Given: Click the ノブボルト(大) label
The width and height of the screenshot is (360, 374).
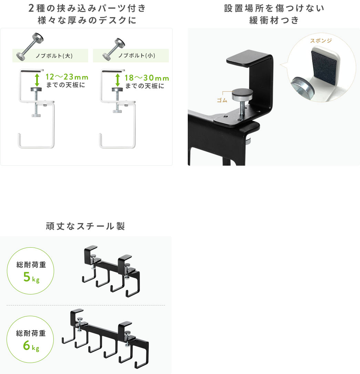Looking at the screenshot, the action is coord(54,56).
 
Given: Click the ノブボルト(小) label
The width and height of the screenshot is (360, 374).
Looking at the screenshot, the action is coord(137,55).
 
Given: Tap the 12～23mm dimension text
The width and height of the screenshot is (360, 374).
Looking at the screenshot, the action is coord(67,77).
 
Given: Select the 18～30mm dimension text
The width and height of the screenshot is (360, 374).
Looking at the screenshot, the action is coord(147,78).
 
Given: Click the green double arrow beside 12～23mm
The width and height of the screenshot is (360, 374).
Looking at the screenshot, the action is coord(37,80).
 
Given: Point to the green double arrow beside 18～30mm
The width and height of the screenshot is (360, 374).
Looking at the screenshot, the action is coord(117,80).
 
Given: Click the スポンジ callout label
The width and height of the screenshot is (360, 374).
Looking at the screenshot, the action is coord(321,41).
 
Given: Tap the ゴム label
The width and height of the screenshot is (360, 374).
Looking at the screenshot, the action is coord(222,100).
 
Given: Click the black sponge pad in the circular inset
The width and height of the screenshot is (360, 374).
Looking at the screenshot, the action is coord(324,65).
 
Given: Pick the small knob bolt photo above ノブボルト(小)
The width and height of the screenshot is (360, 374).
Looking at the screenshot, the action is coord(114,49).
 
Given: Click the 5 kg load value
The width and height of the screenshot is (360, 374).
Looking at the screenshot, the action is coord(31,277).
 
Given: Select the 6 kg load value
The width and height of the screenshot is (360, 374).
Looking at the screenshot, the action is coord(31,346).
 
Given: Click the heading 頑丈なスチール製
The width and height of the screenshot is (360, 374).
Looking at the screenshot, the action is coord(85,226).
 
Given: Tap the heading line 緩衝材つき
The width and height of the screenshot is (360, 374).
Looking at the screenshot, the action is coord(274,20).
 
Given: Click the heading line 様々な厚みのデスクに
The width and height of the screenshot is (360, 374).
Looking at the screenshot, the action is coord(87,20).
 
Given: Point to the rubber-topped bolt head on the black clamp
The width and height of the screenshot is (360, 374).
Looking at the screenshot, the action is coord(243,95).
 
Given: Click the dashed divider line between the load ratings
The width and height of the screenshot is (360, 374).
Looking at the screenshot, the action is coord(86,305).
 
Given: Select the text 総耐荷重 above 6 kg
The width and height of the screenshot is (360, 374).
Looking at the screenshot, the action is coord(31,333).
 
